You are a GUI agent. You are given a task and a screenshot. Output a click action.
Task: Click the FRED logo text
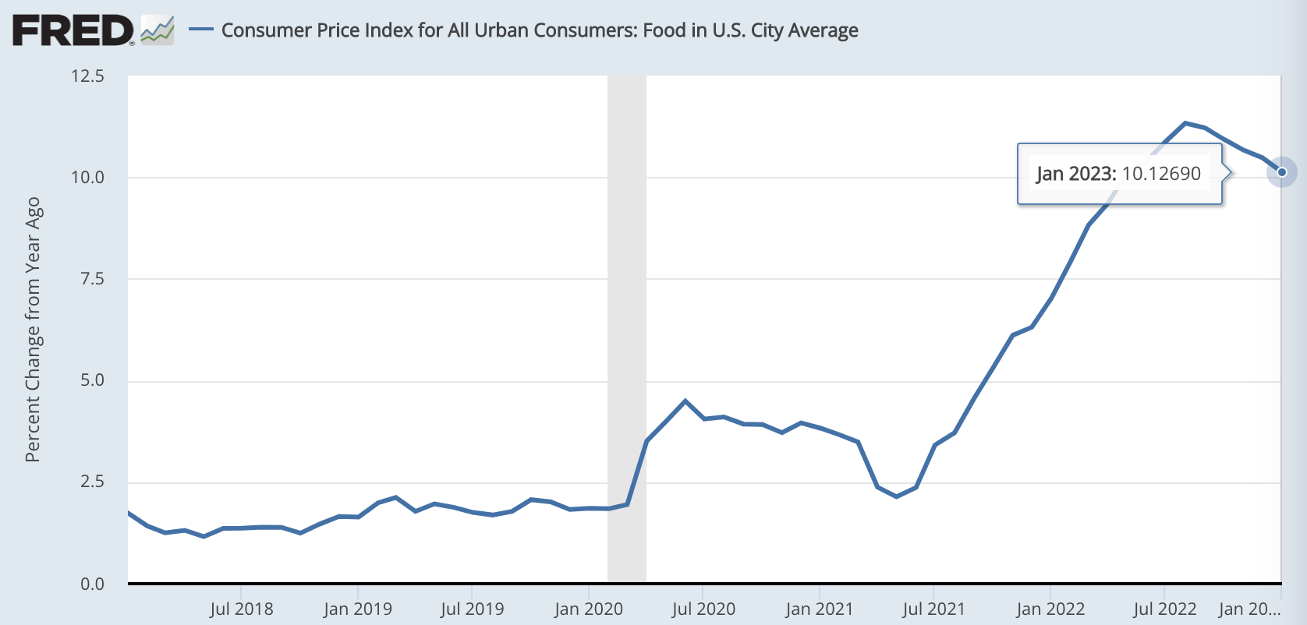[73, 30]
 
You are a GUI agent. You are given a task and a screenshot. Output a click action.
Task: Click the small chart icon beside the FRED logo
[158, 30]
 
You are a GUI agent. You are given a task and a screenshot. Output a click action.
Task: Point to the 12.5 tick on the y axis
[87, 76]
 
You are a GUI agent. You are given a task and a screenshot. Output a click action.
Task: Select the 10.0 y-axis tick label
[87, 178]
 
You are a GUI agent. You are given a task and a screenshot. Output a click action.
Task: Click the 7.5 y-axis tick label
[92, 279]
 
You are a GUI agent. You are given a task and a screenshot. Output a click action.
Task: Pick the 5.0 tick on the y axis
[92, 380]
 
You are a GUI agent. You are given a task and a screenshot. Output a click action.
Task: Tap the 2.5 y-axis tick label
[92, 482]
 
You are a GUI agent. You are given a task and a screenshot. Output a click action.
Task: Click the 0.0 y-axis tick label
[92, 584]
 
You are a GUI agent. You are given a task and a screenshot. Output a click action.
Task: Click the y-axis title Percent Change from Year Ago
[33, 329]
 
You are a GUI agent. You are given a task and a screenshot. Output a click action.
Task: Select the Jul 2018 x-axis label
[241, 609]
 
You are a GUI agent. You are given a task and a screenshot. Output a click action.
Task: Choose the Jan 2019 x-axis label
[357, 609]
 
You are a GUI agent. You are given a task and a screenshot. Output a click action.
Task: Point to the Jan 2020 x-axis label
[588, 609]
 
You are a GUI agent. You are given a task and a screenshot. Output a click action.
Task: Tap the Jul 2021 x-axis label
[933, 609]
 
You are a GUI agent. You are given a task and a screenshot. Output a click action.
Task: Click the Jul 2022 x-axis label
[1164, 609]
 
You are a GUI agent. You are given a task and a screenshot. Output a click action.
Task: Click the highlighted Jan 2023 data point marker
[1281, 172]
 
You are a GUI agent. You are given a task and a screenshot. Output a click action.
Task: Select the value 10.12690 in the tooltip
[1161, 174]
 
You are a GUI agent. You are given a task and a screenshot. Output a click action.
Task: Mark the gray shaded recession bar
[627, 327]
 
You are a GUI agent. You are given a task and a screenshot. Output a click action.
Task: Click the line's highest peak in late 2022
[1185, 123]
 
